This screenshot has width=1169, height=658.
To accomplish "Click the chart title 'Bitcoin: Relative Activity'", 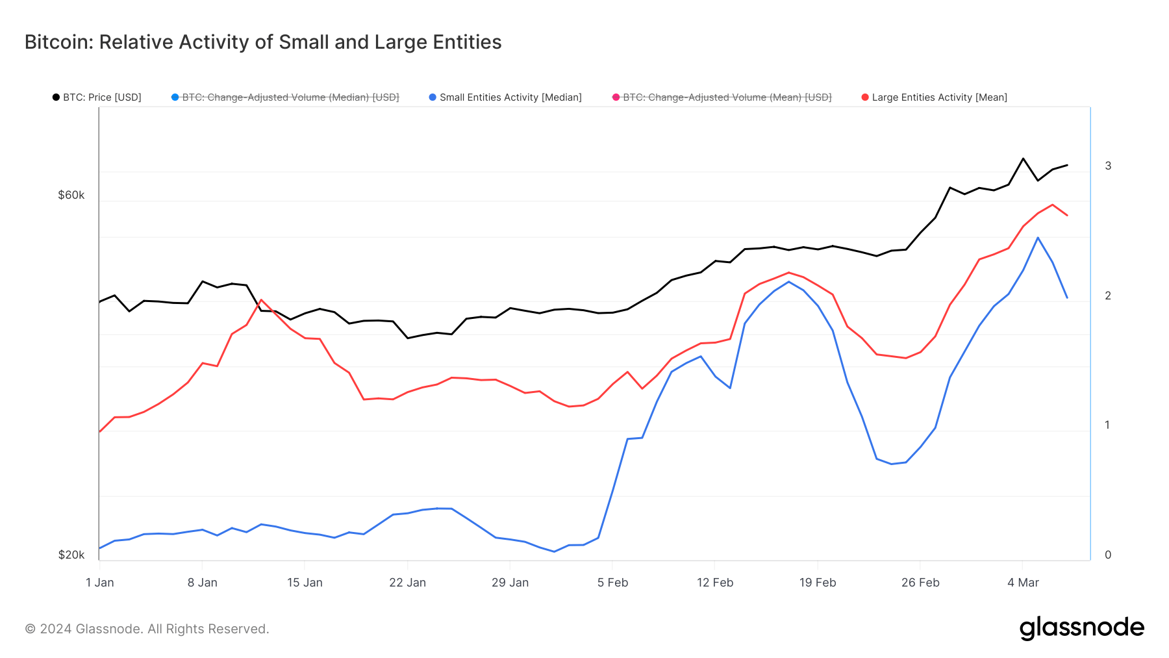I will tap(262, 42).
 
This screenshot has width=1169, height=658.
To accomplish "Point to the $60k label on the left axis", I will tap(71, 195).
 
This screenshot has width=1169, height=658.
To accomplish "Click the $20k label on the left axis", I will tap(71, 555).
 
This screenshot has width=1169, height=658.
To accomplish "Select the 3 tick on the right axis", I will tap(1108, 166).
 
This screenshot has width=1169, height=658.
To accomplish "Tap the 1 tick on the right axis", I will tap(1108, 425).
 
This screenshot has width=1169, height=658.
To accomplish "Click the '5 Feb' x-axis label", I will tap(612, 583).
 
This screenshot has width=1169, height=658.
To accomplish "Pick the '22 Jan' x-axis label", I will tap(407, 583).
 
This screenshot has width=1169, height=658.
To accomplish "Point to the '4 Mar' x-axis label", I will tap(1023, 583).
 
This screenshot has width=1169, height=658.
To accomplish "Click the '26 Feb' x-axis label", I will tap(920, 583).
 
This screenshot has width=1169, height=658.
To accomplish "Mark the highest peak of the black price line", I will tap(1023, 158).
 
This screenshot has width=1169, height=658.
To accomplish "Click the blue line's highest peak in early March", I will tap(1038, 238).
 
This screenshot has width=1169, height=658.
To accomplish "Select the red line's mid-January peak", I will tap(261, 300).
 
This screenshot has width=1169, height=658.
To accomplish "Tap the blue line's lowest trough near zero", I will tap(554, 551).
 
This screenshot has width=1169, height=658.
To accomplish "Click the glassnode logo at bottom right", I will tap(1081, 628).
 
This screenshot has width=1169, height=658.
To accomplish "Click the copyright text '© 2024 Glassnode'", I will tap(147, 629).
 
